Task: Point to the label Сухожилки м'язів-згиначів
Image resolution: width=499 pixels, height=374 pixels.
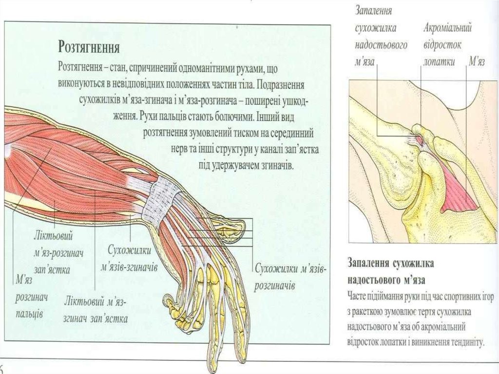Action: click(129, 258)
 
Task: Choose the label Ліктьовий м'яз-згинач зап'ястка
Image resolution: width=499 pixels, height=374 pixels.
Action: click(96, 310)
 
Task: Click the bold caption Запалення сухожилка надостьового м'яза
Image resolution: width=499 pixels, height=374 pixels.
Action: click(390, 271)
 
